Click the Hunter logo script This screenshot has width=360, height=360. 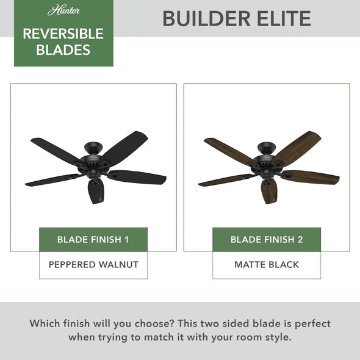click(63, 11)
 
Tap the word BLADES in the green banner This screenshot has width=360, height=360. click(63, 50)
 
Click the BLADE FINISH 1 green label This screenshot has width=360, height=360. click(93, 239)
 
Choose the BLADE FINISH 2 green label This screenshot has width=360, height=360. click(267, 239)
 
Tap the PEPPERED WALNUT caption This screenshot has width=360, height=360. click(93, 265)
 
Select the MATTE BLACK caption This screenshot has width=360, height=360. click(267, 265)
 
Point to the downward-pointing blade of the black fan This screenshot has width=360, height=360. click(96, 191)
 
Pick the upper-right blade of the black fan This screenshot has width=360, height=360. click(126, 145)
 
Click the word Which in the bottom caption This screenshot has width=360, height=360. click(48, 323)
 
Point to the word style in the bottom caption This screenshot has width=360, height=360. click(273, 337)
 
